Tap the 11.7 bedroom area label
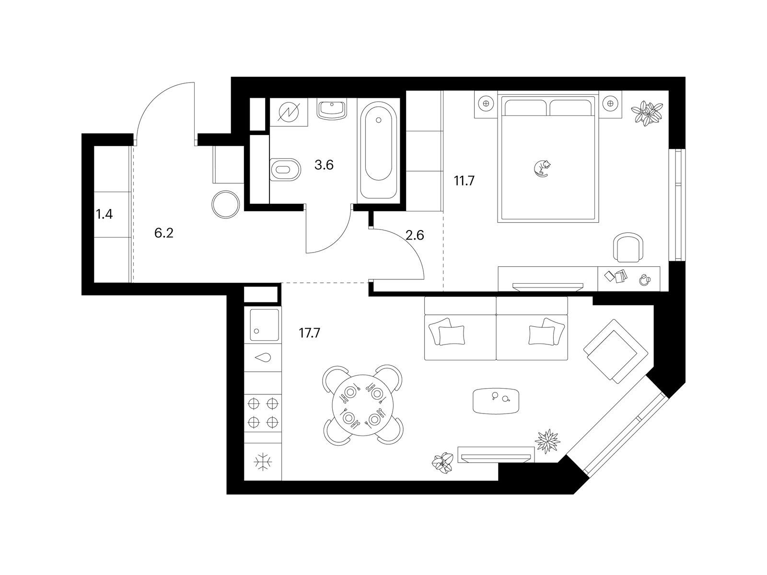tap(464, 181)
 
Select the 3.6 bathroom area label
tap(324, 165)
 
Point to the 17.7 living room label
tap(309, 333)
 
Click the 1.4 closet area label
tap(104, 214)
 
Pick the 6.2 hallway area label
tap(164, 233)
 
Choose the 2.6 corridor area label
tap(415, 236)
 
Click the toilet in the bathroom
tap(286, 170)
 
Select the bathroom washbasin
tap(332, 109)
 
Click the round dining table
tap(362, 405)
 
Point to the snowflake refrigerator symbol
tap(263, 462)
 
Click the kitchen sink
tap(265, 325)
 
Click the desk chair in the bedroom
tap(628, 248)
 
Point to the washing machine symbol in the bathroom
tap(289, 113)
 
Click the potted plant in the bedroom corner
tap(647, 113)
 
